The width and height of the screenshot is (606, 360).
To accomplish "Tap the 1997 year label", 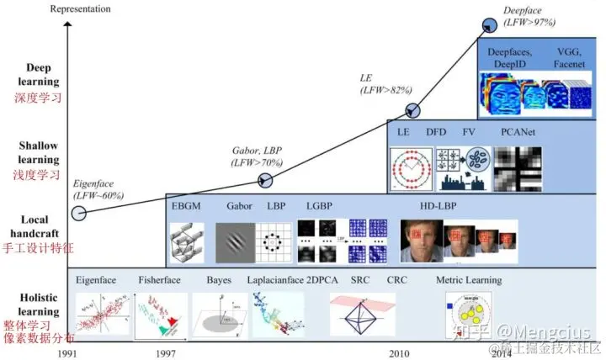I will point(166,354).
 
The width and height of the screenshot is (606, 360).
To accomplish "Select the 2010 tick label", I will point(399,354).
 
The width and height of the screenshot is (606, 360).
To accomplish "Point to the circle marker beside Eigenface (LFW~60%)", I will point(77,213).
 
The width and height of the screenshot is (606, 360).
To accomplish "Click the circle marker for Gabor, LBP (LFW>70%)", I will point(265,179).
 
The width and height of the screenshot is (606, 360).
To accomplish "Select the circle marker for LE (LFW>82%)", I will point(413,110).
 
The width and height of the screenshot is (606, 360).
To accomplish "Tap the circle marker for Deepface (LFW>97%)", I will point(488,26).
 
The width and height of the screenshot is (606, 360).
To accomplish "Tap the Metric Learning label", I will point(469,280).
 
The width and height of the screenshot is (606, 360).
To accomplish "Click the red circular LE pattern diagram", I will point(410,169).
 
